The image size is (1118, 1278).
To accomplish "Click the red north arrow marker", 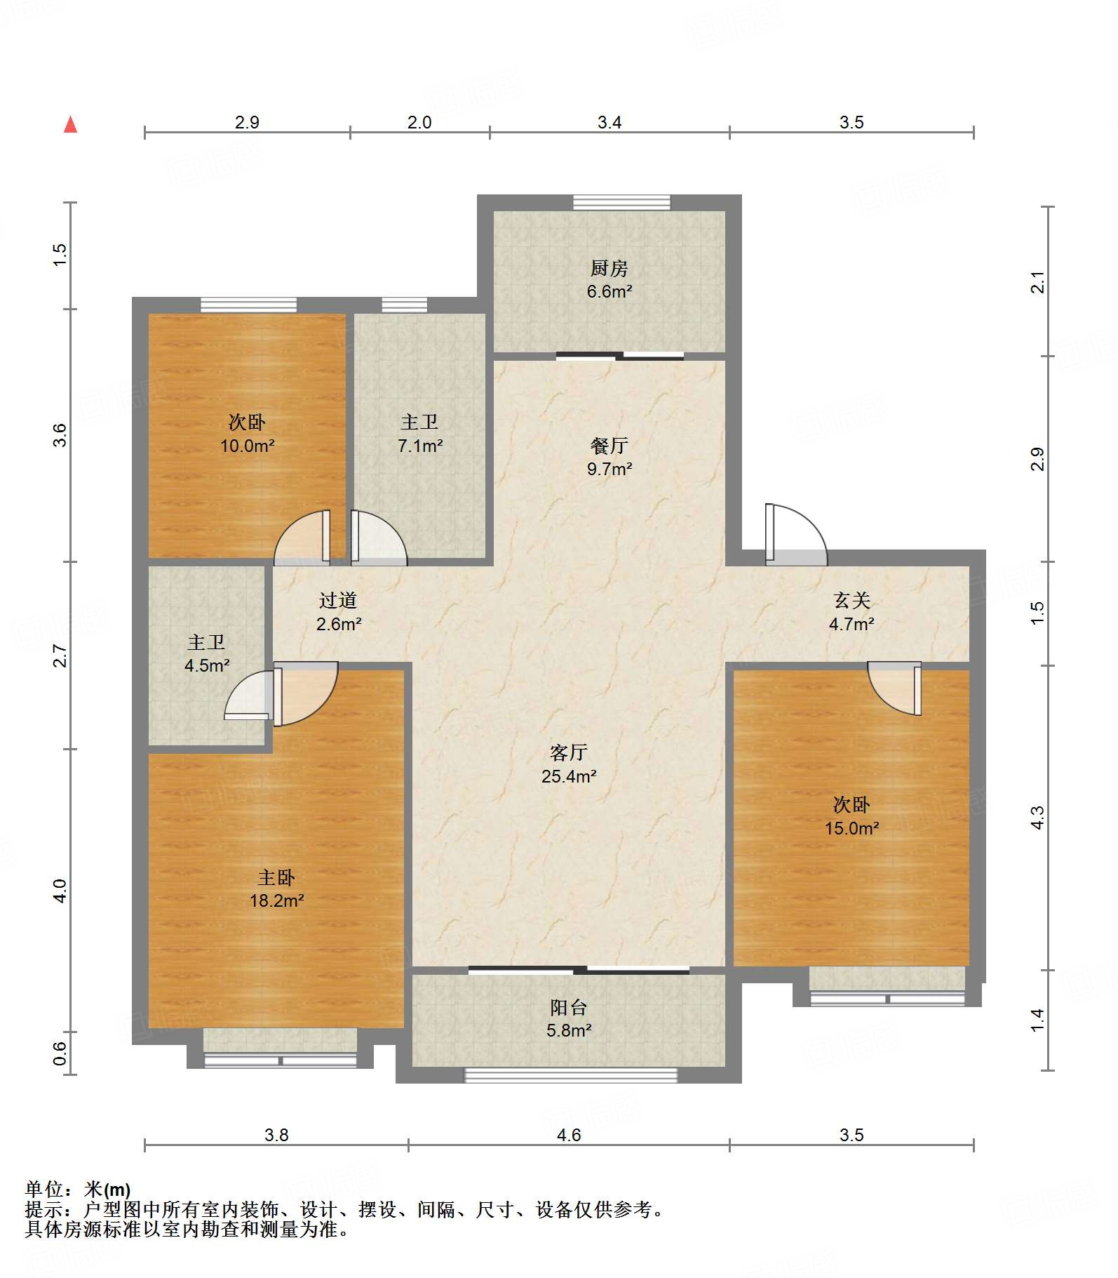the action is (71, 124).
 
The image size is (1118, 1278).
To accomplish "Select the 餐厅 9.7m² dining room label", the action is (609, 457).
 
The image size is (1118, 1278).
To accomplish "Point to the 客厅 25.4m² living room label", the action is (569, 764).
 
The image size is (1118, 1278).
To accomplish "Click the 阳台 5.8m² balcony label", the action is (569, 1019).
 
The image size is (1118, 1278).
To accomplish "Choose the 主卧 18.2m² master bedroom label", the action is (276, 888).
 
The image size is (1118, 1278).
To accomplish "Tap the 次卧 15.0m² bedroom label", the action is (851, 816).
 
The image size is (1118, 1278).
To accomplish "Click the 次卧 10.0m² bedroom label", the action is (247, 434).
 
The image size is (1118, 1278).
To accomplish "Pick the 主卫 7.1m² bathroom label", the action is (419, 434).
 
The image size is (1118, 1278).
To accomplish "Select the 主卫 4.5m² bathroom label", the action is (206, 654).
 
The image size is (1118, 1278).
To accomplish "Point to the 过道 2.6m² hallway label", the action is (339, 612).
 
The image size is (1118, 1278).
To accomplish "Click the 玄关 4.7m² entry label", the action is (851, 612).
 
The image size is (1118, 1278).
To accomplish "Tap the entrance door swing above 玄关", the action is (796, 534).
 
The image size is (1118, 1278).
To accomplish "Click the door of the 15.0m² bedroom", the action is (894, 688).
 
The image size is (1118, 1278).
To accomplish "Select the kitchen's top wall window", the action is (621, 202).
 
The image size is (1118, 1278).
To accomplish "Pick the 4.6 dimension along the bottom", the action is (569, 1135).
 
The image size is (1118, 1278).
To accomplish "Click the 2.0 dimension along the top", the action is (419, 122).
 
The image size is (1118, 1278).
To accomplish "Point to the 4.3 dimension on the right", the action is (1037, 818).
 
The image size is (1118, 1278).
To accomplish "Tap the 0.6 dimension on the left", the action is (60, 1053).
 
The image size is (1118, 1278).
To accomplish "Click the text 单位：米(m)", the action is (78, 1189).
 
